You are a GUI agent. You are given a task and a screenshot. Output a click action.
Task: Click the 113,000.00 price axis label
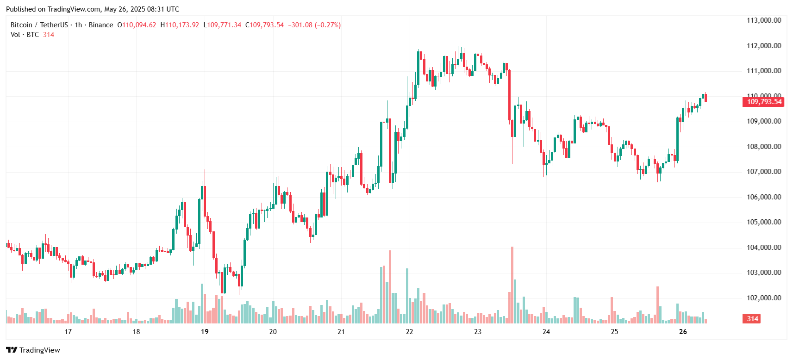(x=763, y=20)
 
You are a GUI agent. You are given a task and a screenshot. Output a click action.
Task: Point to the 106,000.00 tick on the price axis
(x=763, y=197)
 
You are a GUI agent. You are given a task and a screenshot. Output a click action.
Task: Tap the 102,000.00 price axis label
(x=763, y=298)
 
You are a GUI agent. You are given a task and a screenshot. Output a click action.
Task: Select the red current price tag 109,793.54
(x=763, y=102)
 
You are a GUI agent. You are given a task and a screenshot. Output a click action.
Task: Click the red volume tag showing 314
(x=752, y=319)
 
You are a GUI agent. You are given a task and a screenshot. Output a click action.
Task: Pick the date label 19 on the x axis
(x=205, y=332)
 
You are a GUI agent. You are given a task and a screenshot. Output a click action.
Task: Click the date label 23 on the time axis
(x=478, y=332)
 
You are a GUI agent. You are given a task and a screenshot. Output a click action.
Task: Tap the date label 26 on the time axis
(x=683, y=332)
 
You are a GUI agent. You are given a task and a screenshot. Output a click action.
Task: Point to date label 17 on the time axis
(x=68, y=332)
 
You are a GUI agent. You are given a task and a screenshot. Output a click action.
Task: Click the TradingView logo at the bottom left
(x=33, y=350)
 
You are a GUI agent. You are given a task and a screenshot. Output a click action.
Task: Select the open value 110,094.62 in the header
(x=139, y=25)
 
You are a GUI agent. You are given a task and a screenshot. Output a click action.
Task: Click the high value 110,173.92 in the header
(x=182, y=25)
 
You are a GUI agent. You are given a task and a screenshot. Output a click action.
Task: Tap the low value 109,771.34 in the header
(x=224, y=25)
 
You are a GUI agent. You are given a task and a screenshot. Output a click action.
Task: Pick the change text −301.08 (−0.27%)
(x=314, y=25)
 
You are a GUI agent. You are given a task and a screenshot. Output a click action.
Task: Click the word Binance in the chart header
(x=101, y=25)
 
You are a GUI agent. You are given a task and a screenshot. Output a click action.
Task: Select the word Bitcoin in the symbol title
(x=21, y=25)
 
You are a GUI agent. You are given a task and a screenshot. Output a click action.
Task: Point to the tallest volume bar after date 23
(x=512, y=285)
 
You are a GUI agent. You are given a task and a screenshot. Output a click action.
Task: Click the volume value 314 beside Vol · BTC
(x=49, y=35)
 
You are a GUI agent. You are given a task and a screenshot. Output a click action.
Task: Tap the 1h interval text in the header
(x=78, y=25)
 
